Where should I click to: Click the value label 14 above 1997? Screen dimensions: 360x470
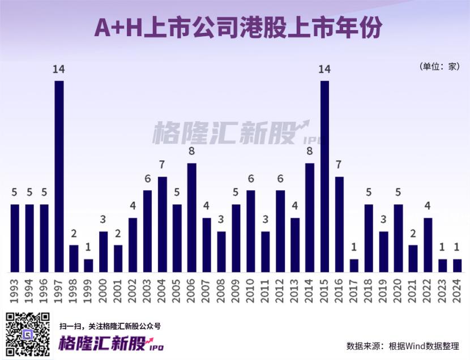[x=59, y=70]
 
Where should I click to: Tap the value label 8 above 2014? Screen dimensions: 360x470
[x=310, y=152]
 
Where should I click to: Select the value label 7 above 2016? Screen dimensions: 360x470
[x=339, y=165]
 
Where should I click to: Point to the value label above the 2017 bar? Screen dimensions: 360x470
[x=354, y=247]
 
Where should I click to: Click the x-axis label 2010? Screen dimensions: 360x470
[x=251, y=289]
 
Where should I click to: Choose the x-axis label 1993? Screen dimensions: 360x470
[x=15, y=289]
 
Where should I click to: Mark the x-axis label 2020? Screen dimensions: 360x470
[x=398, y=289]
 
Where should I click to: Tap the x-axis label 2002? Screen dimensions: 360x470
[x=133, y=289]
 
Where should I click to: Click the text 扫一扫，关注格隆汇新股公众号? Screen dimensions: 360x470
[x=110, y=326]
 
